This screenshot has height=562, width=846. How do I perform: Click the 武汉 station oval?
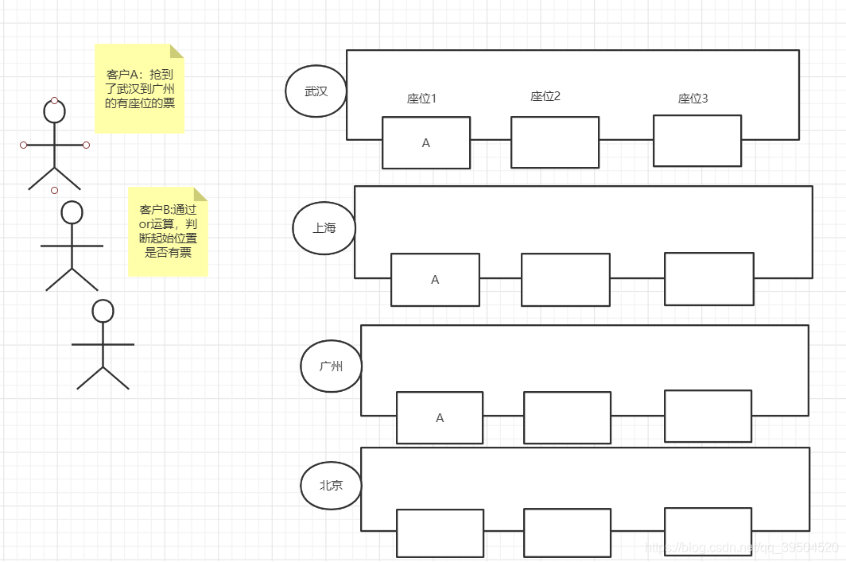click(316, 91)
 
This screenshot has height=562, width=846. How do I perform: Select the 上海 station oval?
click(324, 227)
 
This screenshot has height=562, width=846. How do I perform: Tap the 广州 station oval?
click(332, 366)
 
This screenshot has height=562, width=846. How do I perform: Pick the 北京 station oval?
click(332, 484)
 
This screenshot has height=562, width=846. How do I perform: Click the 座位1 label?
click(421, 99)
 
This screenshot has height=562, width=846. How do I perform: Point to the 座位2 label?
click(545, 96)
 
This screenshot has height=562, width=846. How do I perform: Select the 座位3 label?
click(693, 99)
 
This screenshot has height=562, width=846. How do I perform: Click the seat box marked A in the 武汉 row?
click(426, 143)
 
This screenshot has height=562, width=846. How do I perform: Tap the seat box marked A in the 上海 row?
click(435, 280)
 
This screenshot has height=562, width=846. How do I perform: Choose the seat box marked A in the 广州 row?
click(440, 417)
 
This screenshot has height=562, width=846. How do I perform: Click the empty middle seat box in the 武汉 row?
click(555, 142)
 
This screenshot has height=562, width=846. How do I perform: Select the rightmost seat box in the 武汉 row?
click(697, 141)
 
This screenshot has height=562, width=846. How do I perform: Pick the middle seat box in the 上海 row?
click(565, 280)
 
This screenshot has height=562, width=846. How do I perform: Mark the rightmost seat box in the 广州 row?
click(708, 416)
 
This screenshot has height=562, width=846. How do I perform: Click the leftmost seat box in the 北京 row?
click(440, 533)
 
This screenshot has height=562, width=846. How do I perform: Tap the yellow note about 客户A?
click(139, 88)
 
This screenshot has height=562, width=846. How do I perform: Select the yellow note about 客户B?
click(168, 231)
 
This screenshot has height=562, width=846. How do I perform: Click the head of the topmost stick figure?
click(54, 111)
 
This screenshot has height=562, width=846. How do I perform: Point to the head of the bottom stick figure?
click(103, 311)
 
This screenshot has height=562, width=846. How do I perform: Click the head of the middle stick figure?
click(72, 212)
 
